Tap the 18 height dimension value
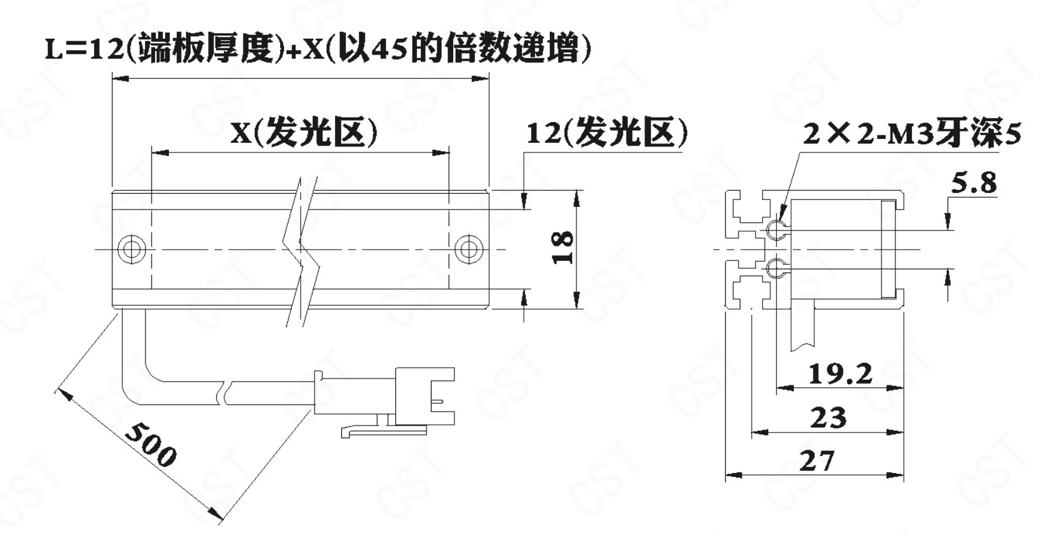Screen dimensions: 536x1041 (x=563, y=248)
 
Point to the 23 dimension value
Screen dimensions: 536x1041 (x=829, y=418)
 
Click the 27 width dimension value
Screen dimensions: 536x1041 (x=817, y=460)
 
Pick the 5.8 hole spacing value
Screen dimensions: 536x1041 (x=974, y=184)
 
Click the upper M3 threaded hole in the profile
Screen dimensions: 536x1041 (x=775, y=231)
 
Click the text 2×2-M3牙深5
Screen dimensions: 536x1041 (x=912, y=135)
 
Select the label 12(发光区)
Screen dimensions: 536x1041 (x=606, y=133)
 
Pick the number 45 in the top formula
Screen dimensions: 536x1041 (x=389, y=50)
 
